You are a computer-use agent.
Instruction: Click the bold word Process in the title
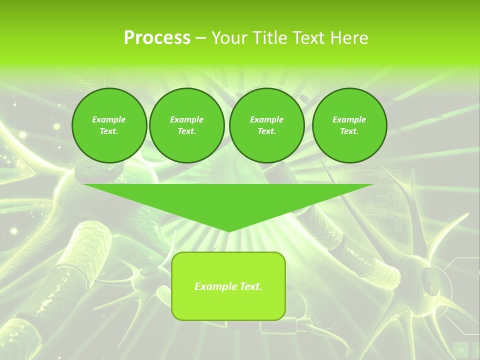(157, 38)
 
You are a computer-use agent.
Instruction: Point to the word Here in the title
(348, 38)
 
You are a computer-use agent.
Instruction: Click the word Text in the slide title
(308, 38)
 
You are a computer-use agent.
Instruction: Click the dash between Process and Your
(200, 38)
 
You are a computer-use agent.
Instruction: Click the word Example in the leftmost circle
(109, 119)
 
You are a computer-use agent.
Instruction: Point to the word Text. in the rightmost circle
(349, 131)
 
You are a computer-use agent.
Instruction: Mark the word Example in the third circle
(266, 119)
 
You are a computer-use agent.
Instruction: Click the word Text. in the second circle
(186, 131)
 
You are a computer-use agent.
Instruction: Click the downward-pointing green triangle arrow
(228, 200)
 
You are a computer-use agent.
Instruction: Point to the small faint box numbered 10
(460, 349)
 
